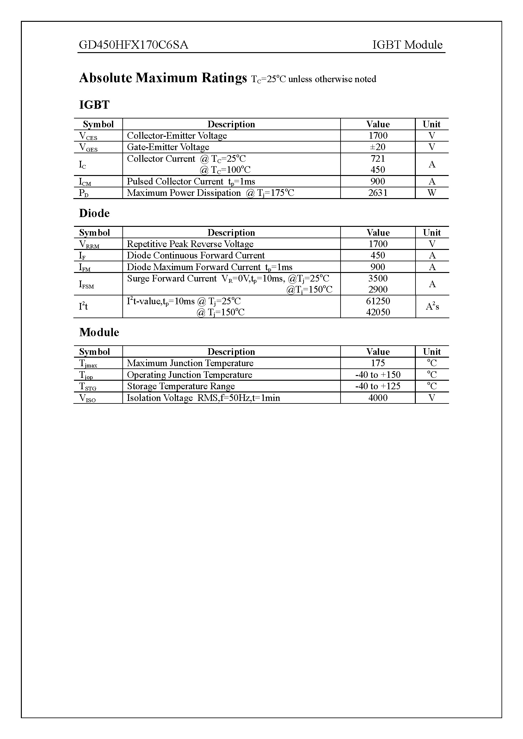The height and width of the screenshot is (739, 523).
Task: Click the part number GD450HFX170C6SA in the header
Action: pyautogui.click(x=133, y=45)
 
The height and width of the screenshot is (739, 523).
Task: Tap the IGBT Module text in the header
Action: pyautogui.click(x=407, y=45)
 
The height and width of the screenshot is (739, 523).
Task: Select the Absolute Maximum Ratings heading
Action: pyautogui.click(x=163, y=78)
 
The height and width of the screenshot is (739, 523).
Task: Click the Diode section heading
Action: pyautogui.click(x=94, y=213)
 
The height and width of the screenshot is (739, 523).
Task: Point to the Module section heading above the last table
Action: pyautogui.click(x=99, y=332)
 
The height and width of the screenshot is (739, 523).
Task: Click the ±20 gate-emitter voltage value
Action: pyautogui.click(x=378, y=147)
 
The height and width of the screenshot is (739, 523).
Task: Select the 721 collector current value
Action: pyautogui.click(x=378, y=158)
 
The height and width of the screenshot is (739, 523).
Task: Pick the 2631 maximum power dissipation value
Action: pyautogui.click(x=378, y=193)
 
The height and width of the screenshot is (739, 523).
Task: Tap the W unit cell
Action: pyautogui.click(x=432, y=193)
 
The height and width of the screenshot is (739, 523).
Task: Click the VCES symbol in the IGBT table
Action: pyautogui.click(x=88, y=136)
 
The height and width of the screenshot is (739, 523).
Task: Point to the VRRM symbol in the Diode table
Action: pyautogui.click(x=89, y=245)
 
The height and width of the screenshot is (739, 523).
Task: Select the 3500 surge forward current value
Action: pyautogui.click(x=378, y=278)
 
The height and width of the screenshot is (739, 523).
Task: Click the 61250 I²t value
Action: pyautogui.click(x=378, y=301)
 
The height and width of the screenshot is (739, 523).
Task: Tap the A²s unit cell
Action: pyautogui.click(x=432, y=306)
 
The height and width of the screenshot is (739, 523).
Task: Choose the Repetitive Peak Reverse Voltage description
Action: pyautogui.click(x=190, y=244)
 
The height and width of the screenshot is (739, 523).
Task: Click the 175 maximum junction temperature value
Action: pyautogui.click(x=378, y=363)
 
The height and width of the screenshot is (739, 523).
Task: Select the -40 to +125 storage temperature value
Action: pyautogui.click(x=378, y=386)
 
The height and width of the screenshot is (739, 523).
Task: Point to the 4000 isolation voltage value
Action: pyautogui.click(x=378, y=398)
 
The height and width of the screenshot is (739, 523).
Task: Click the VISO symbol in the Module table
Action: pyautogui.click(x=87, y=398)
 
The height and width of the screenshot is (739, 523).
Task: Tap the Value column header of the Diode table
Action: pyautogui.click(x=378, y=233)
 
